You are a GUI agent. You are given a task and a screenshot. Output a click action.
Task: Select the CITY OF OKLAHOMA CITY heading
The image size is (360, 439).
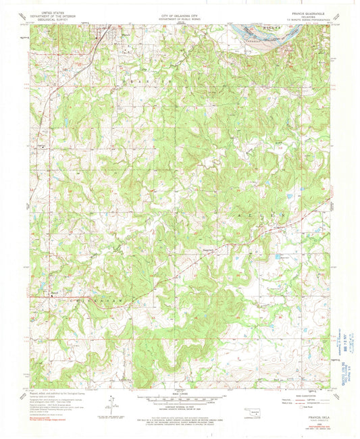coord(179,13)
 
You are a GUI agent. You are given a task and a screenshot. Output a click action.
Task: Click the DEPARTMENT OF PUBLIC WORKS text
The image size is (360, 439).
coord(179,16)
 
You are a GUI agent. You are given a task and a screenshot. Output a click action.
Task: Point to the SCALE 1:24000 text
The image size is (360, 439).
coord(179,393)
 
